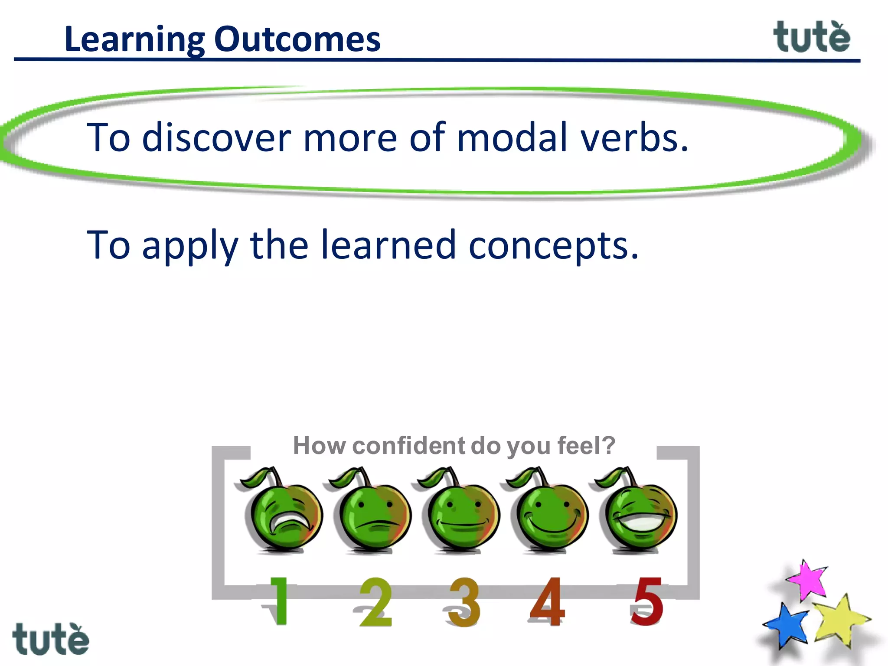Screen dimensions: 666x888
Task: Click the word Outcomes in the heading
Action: click(x=297, y=39)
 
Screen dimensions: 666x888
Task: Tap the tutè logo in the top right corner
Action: click(x=812, y=37)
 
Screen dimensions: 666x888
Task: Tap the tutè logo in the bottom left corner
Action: click(x=51, y=640)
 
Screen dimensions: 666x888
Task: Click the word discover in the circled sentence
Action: click(x=216, y=137)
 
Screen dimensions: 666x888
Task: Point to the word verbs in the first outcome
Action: click(x=634, y=137)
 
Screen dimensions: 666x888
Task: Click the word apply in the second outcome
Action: click(x=190, y=246)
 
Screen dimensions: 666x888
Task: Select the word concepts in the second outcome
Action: click(x=553, y=246)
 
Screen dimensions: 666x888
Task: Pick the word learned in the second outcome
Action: click(x=388, y=245)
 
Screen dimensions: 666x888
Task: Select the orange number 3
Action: click(x=464, y=603)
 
